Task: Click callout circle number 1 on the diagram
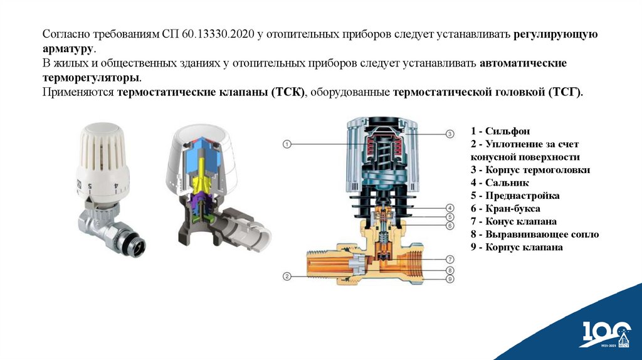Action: click(287, 144)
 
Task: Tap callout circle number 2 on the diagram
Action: click(287, 277)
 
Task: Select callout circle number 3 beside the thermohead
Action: click(450, 134)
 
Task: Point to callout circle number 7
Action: click(450, 259)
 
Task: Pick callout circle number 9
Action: click(450, 279)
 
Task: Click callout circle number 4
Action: click(450, 208)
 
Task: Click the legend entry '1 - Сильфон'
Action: click(500, 131)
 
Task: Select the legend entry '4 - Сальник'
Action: click(500, 183)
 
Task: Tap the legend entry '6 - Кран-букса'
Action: click(505, 208)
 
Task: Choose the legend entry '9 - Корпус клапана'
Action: click(517, 247)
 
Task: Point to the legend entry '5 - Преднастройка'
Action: click(515, 195)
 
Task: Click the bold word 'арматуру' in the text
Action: click(68, 49)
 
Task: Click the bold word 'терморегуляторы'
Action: click(91, 78)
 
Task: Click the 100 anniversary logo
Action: click(607, 334)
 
